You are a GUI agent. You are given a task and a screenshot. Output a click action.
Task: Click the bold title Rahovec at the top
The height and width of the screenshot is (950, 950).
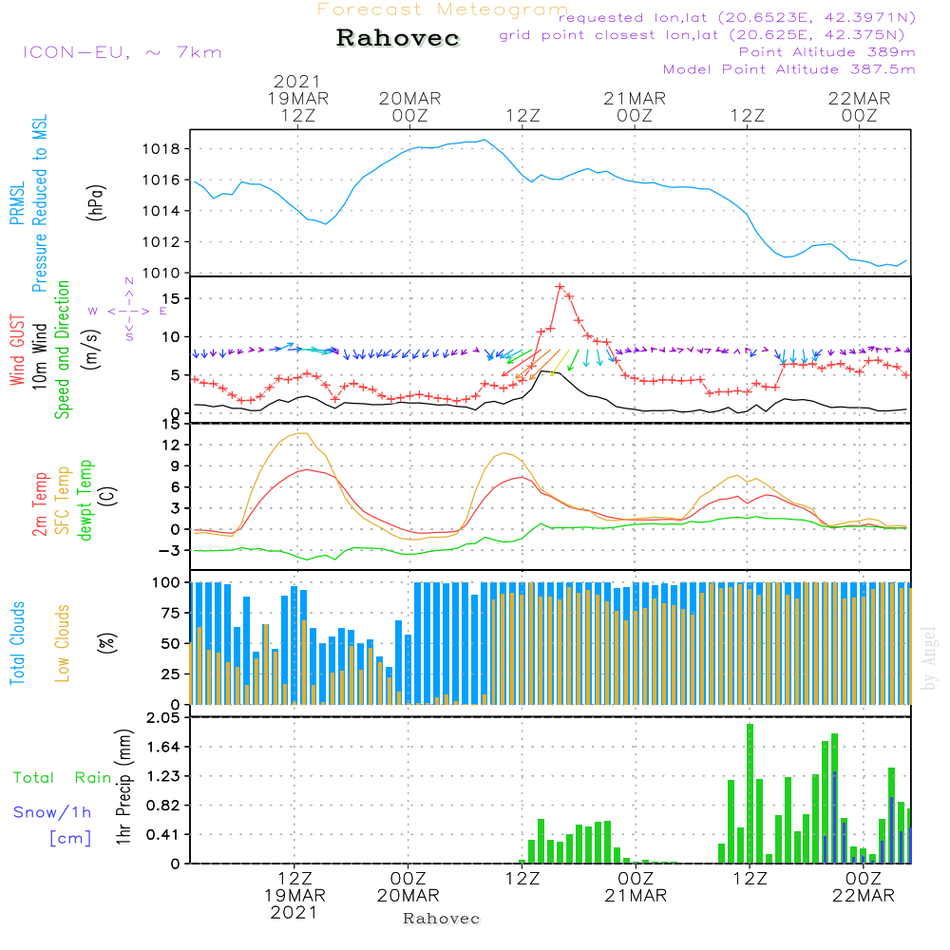pyautogui.click(x=398, y=39)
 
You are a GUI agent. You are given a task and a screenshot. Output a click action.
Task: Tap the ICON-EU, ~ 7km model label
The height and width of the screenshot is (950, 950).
pyautogui.click(x=122, y=52)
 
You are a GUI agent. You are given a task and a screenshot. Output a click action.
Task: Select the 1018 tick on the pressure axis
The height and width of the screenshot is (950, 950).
pyautogui.click(x=162, y=149)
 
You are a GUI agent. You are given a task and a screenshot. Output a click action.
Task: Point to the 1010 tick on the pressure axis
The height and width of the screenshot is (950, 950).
pyautogui.click(x=162, y=274)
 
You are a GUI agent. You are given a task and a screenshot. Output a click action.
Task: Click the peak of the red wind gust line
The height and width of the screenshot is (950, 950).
pyautogui.click(x=560, y=286)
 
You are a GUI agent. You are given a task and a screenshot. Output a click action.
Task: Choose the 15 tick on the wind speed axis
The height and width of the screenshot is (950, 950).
pyautogui.click(x=171, y=299)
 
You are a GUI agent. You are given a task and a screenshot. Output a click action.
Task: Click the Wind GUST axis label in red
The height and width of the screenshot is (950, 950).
pyautogui.click(x=17, y=351)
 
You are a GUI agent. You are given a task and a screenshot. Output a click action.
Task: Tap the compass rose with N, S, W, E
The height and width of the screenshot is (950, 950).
pyautogui.click(x=128, y=310)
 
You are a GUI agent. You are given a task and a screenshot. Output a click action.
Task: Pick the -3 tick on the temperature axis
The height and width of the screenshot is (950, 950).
pyautogui.click(x=171, y=550)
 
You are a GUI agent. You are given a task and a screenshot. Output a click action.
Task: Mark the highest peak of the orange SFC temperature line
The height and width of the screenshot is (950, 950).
pyautogui.click(x=302, y=433)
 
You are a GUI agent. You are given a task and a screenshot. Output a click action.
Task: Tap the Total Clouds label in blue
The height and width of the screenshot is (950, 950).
pyautogui.click(x=17, y=642)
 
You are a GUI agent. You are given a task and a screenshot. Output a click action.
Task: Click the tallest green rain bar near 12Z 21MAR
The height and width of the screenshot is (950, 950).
pyautogui.click(x=750, y=793)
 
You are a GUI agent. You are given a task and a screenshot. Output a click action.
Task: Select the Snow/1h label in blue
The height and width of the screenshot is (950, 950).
pyautogui.click(x=52, y=812)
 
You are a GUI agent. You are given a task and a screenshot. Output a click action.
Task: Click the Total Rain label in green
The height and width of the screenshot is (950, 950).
pyautogui.click(x=62, y=778)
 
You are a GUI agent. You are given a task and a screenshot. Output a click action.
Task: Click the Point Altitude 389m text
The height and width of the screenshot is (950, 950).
pyautogui.click(x=826, y=51)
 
